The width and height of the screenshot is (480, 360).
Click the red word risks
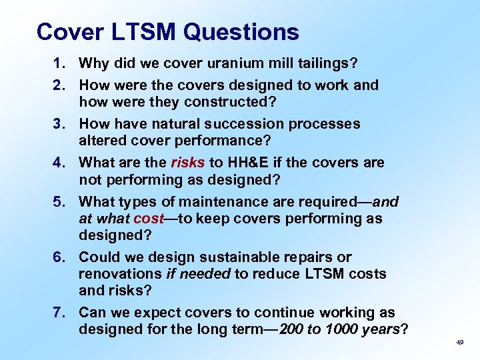pyautogui.click(x=187, y=163)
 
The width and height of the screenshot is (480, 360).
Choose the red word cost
pyautogui.click(x=149, y=219)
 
